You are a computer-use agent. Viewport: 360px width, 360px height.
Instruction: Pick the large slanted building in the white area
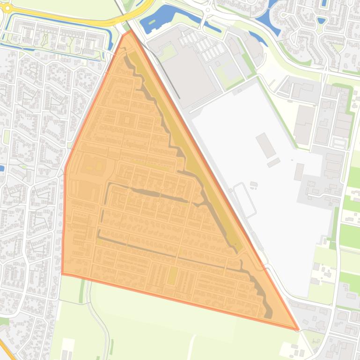click(x=266, y=145)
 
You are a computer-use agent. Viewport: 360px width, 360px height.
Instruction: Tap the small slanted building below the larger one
click(x=274, y=163)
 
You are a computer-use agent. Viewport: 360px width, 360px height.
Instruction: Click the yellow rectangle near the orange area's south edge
click(x=172, y=276)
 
